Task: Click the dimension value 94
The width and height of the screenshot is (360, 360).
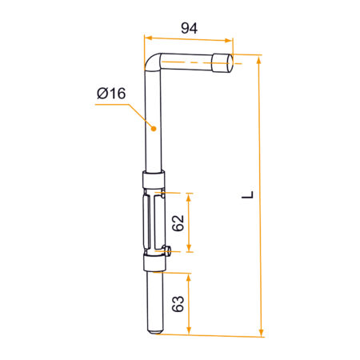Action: [189, 28]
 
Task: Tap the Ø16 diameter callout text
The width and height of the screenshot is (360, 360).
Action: [111, 94]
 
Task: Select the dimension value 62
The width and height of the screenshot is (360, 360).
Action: [178, 222]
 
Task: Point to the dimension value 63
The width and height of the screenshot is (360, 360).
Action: [178, 303]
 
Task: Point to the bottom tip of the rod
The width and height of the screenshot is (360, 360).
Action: [155, 332]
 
